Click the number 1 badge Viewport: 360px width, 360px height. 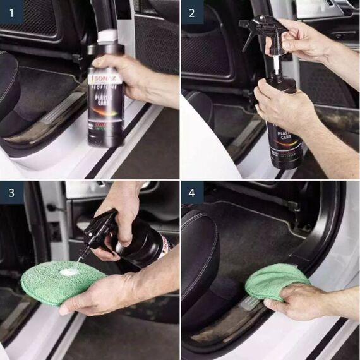(x=11, y=11)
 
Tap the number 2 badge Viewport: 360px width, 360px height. (x=192, y=11)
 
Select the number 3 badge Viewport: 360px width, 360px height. (x=11, y=192)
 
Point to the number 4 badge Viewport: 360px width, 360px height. (x=192, y=192)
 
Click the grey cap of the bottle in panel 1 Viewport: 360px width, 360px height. (x=107, y=37)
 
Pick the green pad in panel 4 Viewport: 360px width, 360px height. (x=275, y=281)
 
